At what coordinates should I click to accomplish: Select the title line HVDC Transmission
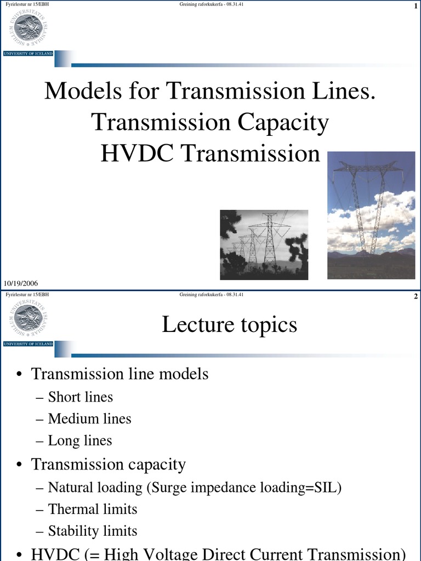click(x=210, y=153)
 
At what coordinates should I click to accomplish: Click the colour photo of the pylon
click(x=371, y=215)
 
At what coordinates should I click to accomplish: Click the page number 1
click(x=417, y=5)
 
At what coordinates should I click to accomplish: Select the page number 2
click(x=417, y=296)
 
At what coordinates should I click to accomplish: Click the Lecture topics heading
click(x=229, y=325)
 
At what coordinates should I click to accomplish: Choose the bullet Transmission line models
click(x=120, y=374)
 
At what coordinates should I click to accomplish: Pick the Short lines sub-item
click(x=80, y=397)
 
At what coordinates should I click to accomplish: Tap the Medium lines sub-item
click(x=89, y=419)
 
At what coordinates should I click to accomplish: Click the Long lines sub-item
click(x=79, y=441)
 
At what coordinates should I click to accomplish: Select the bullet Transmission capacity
click(x=108, y=465)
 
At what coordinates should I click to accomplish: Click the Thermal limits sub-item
click(x=92, y=509)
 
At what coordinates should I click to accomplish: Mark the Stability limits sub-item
click(x=92, y=531)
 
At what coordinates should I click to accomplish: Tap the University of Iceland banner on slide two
click(x=28, y=344)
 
